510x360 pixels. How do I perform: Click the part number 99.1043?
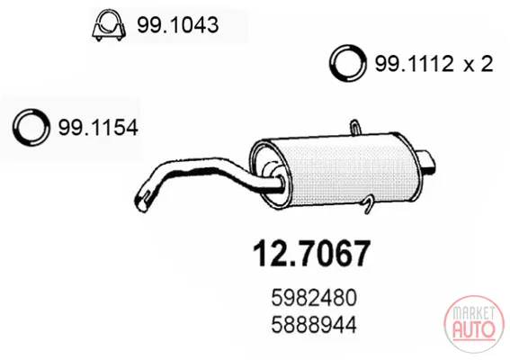coord(177,25)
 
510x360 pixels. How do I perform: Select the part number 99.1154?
coord(98,127)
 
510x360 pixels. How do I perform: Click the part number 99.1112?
coord(415,64)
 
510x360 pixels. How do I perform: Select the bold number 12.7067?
coord(311,254)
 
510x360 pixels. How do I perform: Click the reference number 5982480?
coord(314,298)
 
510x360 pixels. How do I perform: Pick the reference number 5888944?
coord(314,325)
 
